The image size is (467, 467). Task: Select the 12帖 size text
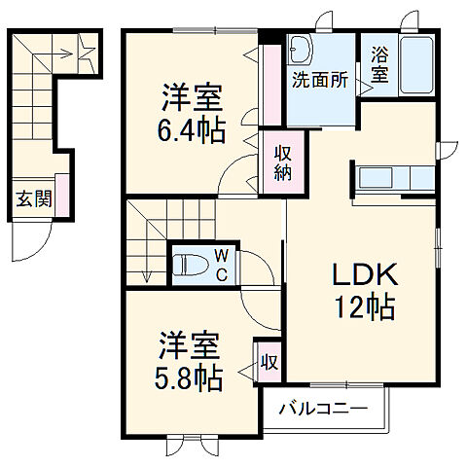[x=365, y=307]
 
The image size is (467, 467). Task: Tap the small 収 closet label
[x=269, y=363]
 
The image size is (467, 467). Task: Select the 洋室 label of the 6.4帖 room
[x=193, y=97]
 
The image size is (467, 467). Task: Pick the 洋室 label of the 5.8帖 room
[x=192, y=345]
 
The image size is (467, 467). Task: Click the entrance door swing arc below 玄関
[x=29, y=242]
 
